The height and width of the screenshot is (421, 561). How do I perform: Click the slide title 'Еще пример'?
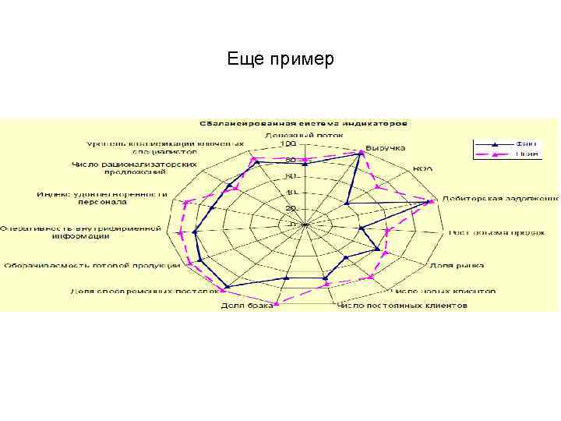[x=280, y=59]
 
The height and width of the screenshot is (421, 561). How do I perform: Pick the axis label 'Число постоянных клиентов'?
[x=402, y=306]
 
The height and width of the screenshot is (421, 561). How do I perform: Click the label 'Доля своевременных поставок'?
[x=141, y=291]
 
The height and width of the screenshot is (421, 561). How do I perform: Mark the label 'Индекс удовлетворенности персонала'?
[x=102, y=197]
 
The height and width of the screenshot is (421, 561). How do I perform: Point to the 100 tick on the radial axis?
[x=288, y=144]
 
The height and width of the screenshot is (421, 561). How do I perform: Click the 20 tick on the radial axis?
[x=291, y=209]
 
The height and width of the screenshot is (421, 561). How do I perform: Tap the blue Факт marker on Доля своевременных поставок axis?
[x=227, y=285]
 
